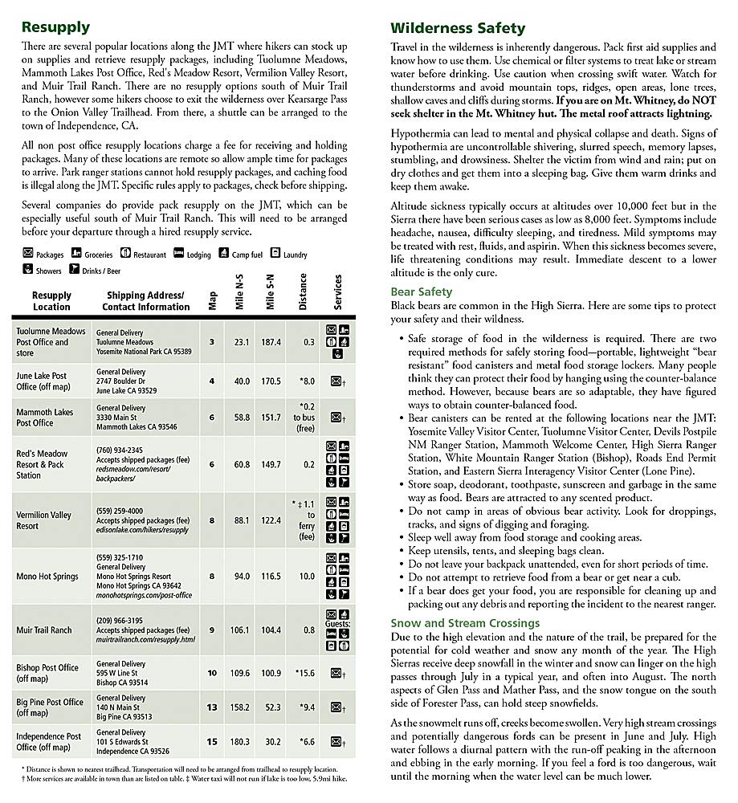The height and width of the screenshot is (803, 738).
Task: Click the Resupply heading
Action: point(55,27)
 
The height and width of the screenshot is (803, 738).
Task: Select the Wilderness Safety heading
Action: point(458,28)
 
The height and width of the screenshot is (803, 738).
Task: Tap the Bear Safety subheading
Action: point(422,292)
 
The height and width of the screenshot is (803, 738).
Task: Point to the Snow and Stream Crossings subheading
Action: point(465,623)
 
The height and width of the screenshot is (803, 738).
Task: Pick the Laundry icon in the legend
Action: point(275,254)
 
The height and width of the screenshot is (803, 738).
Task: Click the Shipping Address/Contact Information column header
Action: point(145,301)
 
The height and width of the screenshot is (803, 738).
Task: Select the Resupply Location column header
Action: point(51,301)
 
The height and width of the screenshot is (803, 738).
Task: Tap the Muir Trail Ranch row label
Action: point(44,630)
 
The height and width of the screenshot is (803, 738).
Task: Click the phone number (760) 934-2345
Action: point(119,450)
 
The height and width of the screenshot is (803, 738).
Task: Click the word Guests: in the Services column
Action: point(336,623)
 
